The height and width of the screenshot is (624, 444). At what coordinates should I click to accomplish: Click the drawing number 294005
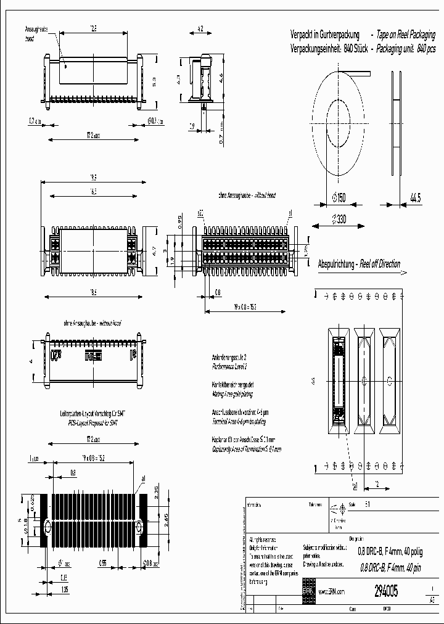click(x=386, y=591)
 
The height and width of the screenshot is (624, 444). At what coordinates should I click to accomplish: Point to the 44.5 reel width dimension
click(x=415, y=198)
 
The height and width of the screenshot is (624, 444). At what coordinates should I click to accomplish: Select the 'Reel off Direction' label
click(x=380, y=264)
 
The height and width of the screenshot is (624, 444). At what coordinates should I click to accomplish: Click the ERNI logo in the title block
click(x=307, y=590)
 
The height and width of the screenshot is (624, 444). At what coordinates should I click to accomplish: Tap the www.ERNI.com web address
click(x=331, y=591)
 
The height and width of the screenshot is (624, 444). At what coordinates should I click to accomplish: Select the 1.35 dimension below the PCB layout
click(x=65, y=590)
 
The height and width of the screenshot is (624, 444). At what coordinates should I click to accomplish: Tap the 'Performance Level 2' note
click(x=229, y=366)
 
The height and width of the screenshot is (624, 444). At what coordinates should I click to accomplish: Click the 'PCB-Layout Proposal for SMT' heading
click(x=92, y=424)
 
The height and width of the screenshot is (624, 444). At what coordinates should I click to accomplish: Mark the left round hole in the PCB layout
click(x=47, y=528)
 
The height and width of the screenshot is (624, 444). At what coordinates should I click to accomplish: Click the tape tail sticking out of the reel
click(x=361, y=75)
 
